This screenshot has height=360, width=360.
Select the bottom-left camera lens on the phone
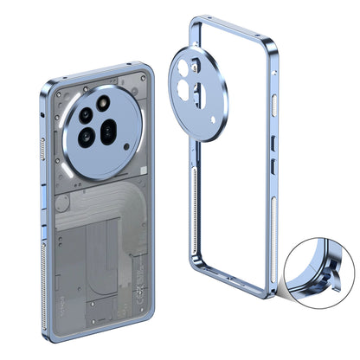[x=89, y=136]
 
